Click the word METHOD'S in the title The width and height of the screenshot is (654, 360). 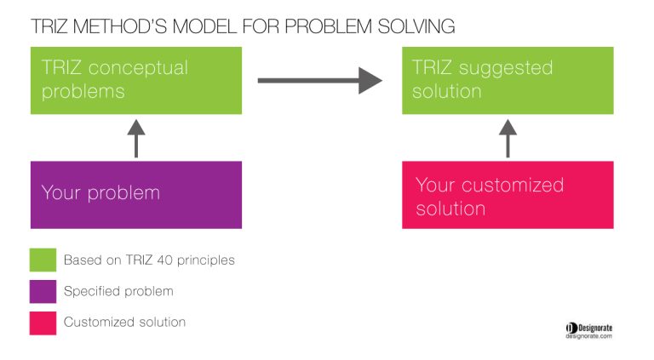point(120,26)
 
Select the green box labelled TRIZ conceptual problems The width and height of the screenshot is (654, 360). point(136,80)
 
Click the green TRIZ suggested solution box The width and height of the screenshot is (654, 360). point(508,80)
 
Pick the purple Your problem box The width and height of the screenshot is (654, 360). point(136,195)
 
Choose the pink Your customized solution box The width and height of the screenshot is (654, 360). point(508,195)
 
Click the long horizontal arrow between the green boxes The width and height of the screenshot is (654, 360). point(320,80)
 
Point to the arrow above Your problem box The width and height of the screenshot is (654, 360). point(136,139)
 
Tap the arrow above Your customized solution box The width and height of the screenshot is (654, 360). point(508,139)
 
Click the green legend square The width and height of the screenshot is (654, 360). point(43,260)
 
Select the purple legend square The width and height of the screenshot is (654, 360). point(43,291)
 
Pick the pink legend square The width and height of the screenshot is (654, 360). point(43,323)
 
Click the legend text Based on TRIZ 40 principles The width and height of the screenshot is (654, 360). point(149,260)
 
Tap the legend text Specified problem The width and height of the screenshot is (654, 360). point(118,291)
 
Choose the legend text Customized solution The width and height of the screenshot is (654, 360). point(124,322)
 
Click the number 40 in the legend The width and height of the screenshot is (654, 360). point(164,260)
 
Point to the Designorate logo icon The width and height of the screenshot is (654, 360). point(571,329)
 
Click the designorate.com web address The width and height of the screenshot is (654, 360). point(589,336)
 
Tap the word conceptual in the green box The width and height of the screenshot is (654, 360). point(138,69)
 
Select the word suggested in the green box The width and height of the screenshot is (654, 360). point(506,69)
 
